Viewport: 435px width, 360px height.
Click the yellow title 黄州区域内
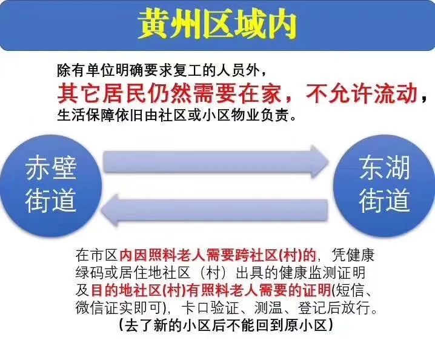(217, 25)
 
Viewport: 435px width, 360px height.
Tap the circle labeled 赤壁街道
(51, 185)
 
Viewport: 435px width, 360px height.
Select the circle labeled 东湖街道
(384, 185)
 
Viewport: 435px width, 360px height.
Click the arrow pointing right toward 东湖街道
(216, 162)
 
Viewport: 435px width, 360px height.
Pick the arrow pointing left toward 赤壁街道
(214, 210)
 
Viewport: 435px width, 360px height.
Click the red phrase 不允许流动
(362, 93)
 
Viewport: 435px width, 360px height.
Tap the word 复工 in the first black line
(187, 70)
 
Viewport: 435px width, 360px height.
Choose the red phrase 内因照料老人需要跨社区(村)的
(217, 255)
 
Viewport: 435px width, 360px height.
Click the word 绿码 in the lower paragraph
(90, 273)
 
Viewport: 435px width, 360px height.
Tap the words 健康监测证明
(323, 273)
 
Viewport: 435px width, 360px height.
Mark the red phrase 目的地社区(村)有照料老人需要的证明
(211, 291)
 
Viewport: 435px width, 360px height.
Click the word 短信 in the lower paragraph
(350, 291)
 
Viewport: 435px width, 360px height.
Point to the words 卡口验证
(210, 308)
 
